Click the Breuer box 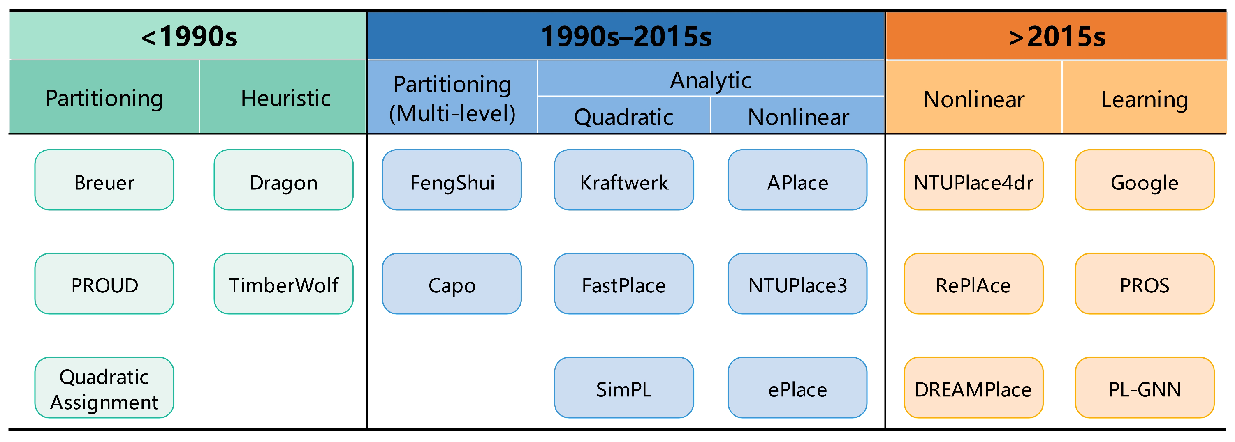click(x=104, y=180)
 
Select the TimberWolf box click(x=284, y=283)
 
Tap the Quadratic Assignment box click(x=104, y=387)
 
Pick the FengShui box click(x=452, y=180)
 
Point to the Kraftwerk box click(x=624, y=180)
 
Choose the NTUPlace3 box click(x=797, y=283)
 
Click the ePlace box click(x=797, y=387)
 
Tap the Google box click(x=1145, y=180)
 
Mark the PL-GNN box click(x=1145, y=387)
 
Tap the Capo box click(x=452, y=283)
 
